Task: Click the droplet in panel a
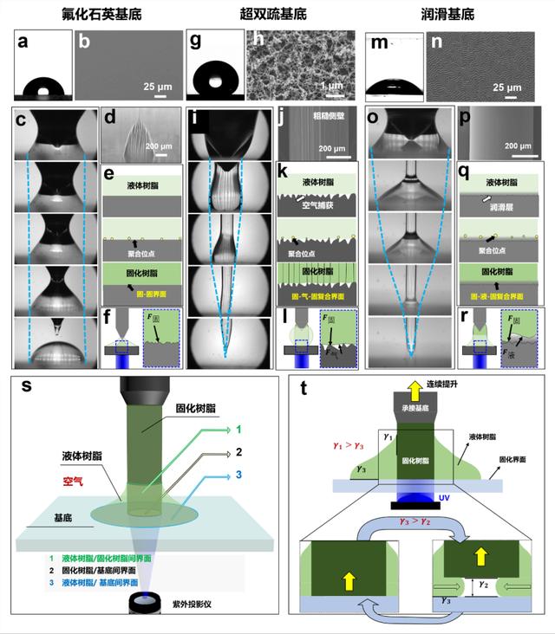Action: [42, 88]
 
